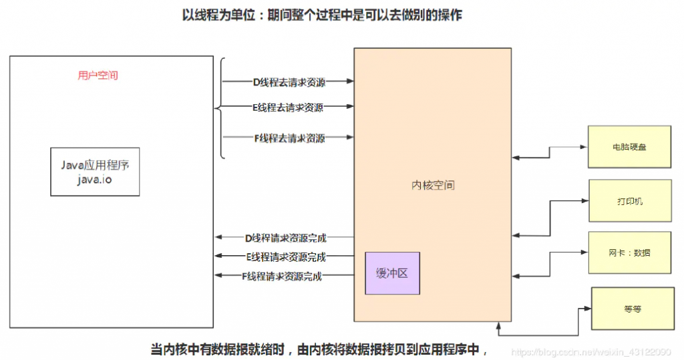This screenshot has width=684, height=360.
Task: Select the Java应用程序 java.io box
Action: click(95, 172)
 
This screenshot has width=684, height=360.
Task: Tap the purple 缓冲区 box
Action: click(392, 273)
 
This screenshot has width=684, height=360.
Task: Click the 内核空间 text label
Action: click(433, 185)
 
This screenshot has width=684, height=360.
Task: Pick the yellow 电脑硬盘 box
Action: click(629, 146)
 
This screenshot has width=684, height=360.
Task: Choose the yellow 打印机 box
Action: click(629, 200)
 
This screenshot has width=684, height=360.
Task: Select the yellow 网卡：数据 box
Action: click(629, 252)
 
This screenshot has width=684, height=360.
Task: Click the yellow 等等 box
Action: click(632, 308)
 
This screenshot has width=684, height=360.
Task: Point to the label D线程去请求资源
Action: click(288, 81)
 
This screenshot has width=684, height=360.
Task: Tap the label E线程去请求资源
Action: click(288, 107)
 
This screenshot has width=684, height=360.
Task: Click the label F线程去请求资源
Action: click(288, 138)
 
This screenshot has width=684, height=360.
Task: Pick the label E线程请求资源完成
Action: click(287, 256)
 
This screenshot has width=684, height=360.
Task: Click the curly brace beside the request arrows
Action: click(220, 108)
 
